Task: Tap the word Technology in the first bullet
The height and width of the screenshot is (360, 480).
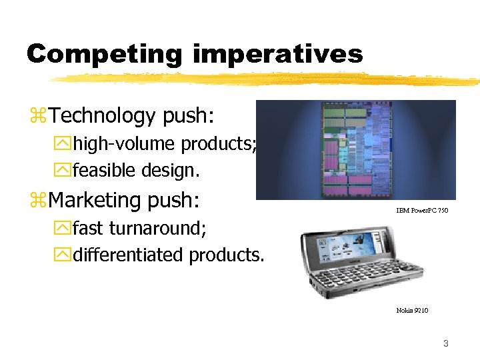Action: coord(102,116)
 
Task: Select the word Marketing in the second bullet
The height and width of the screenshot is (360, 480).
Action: coord(99,200)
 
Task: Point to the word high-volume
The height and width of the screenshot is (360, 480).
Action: coord(124,144)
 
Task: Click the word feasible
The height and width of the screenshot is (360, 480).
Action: coord(105,171)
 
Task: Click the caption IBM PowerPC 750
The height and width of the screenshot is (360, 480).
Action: coord(422,211)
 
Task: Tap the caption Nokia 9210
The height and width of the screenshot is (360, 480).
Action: coord(412,311)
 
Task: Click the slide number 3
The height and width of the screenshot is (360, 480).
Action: coord(446,344)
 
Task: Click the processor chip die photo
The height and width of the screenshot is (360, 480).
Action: coord(357,150)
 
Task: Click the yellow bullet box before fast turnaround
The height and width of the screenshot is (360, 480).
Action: coord(63,229)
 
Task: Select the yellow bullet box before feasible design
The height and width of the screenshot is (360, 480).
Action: coord(63,171)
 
